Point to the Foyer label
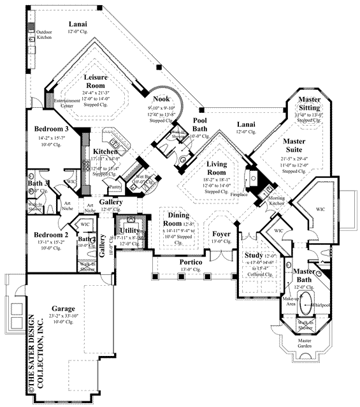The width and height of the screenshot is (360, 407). pyautogui.click(x=222, y=233)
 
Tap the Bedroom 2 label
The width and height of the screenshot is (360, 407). pyautogui.click(x=52, y=235)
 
